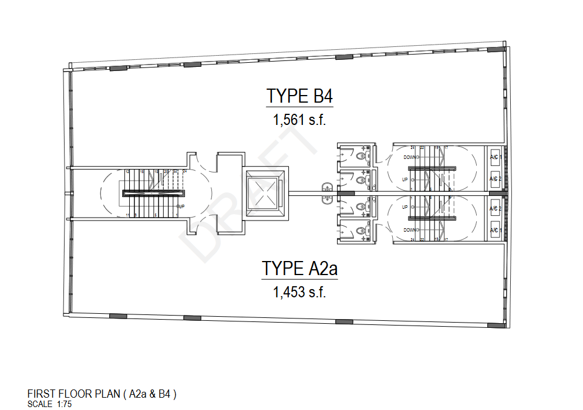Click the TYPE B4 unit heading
tap(300, 96)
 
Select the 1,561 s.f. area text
tap(299, 120)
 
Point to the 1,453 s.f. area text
tap(299, 292)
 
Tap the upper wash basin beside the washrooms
tap(328, 188)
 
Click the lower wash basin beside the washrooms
tap(328, 199)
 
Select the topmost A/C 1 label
tap(494, 157)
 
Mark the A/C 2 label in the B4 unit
tap(494, 179)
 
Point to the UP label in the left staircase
tap(181, 206)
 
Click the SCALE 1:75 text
tap(50, 404)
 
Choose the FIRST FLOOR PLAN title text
tap(102, 394)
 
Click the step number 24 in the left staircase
tap(185, 171)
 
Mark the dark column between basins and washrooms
tap(345, 193)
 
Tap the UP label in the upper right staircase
tap(405, 179)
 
